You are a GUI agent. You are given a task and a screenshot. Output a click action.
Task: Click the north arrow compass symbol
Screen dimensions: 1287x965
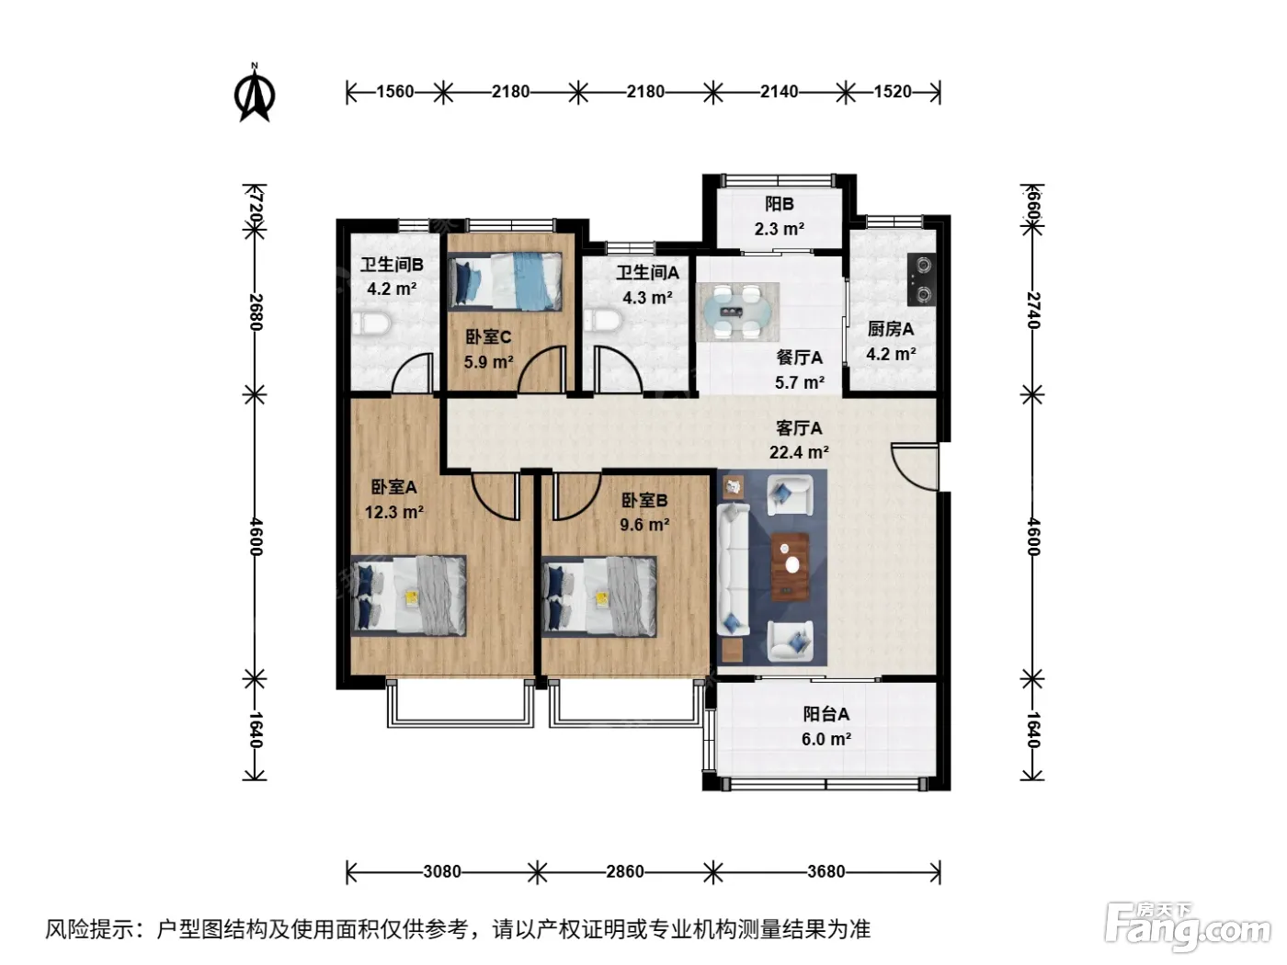255,94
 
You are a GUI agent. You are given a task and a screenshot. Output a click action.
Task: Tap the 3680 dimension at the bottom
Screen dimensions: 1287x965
826,871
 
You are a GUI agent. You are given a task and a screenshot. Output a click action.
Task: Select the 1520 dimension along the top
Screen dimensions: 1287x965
893,92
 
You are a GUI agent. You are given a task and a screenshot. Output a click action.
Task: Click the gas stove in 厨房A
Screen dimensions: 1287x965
922,278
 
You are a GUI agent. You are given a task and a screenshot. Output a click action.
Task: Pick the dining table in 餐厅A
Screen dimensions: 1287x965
737,312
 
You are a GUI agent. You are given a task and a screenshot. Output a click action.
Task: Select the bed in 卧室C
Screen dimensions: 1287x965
505,281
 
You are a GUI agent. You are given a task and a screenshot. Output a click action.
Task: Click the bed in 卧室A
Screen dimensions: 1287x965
409,596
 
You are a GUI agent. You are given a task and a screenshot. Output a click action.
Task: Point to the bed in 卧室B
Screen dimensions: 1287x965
598,596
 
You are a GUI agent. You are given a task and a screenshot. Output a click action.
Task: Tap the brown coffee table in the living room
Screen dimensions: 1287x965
790,566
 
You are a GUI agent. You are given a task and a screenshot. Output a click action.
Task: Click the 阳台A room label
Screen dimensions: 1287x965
826,714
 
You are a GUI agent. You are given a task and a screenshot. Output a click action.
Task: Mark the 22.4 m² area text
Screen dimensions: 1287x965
799,452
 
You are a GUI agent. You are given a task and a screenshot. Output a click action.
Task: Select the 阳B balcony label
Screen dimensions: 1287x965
780,204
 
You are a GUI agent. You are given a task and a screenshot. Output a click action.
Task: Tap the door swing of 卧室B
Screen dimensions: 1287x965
576,496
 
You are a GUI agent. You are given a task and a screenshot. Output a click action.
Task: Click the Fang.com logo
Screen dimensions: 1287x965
1188,927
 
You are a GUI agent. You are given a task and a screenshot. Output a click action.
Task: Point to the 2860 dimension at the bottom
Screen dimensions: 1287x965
625,871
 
